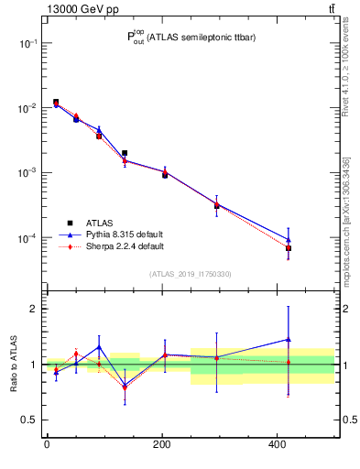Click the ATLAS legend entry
pyautogui.click(x=100, y=223)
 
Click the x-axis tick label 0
pyautogui.click(x=47, y=445)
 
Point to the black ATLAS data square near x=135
pyautogui.click(x=125, y=153)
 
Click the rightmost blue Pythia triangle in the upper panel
pyautogui.click(x=289, y=239)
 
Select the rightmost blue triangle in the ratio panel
pyautogui.click(x=289, y=339)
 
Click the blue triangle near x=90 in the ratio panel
pyautogui.click(x=99, y=347)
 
